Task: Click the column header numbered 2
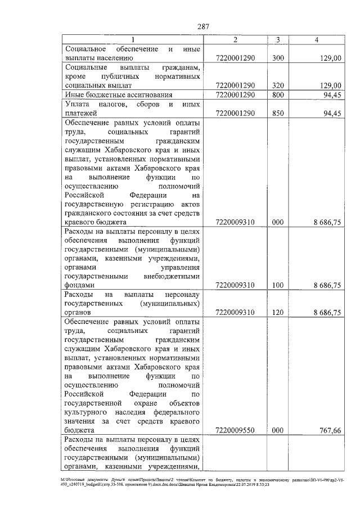click(236, 39)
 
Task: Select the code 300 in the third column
click(278, 57)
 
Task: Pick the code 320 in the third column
click(278, 85)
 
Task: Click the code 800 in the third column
click(278, 94)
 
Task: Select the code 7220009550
click(236, 429)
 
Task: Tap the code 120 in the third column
click(278, 312)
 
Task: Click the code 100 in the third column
click(278, 285)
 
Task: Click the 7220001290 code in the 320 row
click(236, 85)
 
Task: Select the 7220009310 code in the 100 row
click(236, 285)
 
